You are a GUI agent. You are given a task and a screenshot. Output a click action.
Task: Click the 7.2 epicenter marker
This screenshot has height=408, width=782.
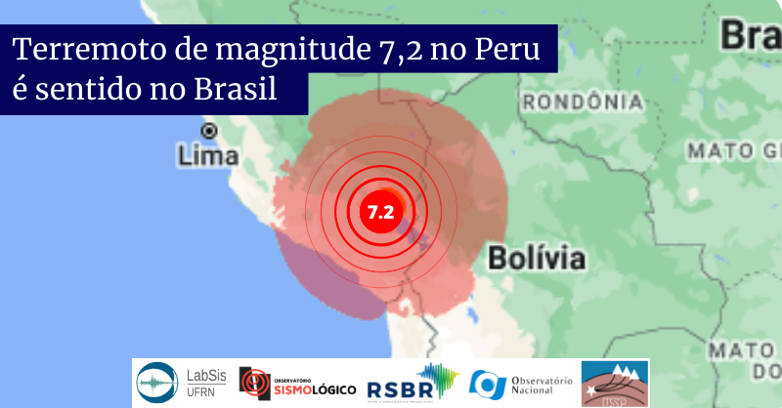click(x=379, y=211)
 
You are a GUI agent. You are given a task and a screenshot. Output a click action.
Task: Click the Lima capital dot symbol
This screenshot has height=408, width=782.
click(x=208, y=131)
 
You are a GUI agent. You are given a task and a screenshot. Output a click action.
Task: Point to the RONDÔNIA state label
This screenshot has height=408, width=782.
click(x=583, y=102)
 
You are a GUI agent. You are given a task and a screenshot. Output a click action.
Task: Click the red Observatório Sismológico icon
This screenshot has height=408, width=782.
click(x=253, y=383)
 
